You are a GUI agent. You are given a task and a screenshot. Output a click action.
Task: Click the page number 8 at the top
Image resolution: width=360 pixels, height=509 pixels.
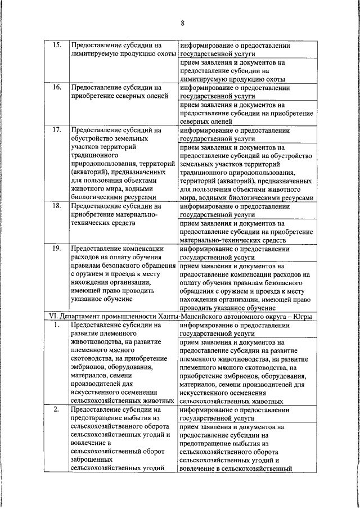click(183, 23)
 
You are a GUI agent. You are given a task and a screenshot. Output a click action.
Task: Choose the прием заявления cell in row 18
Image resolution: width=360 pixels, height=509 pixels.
click(246, 232)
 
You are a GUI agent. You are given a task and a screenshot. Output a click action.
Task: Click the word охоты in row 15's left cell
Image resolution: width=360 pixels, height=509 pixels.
click(164, 53)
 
